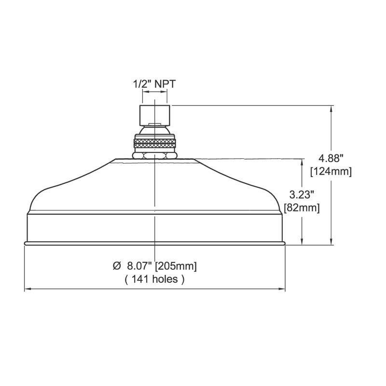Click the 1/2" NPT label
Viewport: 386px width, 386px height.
[154, 84]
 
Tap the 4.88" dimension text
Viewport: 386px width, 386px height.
[331, 158]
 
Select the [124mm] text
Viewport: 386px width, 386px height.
[331, 171]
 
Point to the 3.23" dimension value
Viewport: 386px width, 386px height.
[302, 195]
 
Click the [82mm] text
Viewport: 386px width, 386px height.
[302, 208]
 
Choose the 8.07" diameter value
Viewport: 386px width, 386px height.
[139, 266]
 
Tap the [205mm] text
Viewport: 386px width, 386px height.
[176, 266]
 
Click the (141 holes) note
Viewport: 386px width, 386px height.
[154, 279]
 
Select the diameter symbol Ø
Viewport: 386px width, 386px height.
[117, 266]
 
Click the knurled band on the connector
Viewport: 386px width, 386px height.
[154, 143]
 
